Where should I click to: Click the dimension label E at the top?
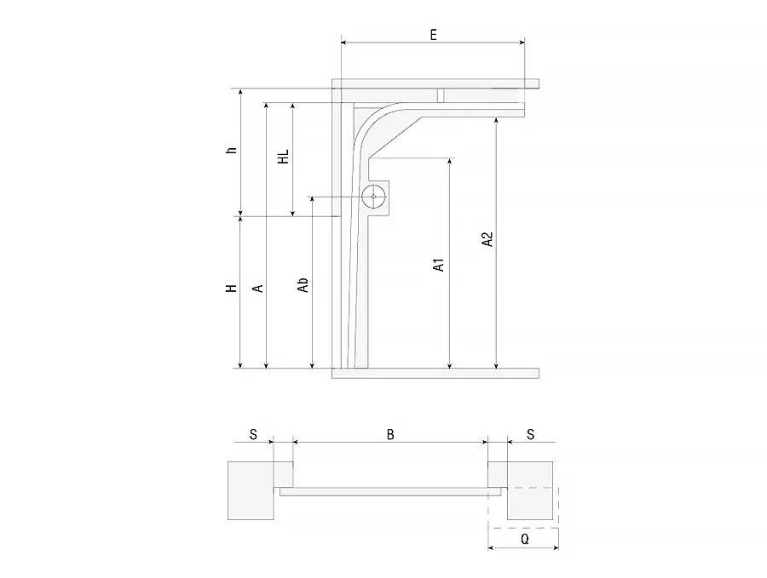click(x=433, y=35)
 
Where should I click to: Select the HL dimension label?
click(x=283, y=157)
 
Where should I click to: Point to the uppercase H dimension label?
click(x=231, y=289)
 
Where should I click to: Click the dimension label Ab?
click(x=303, y=285)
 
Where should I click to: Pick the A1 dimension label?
click(x=438, y=265)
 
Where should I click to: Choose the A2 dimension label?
click(x=487, y=239)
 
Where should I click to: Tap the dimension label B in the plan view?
click(x=390, y=434)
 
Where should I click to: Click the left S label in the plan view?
click(x=253, y=434)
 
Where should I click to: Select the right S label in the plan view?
click(x=531, y=434)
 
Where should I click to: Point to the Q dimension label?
click(x=525, y=539)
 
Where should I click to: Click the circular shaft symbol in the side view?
click(x=373, y=197)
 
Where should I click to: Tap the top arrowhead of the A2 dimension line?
click(x=497, y=121)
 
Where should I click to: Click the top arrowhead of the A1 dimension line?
click(x=449, y=161)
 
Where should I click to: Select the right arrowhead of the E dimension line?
click(x=522, y=43)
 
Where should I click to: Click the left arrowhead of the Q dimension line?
click(x=492, y=547)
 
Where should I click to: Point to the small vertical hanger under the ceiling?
click(x=441, y=95)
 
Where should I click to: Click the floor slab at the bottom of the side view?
click(x=435, y=374)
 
